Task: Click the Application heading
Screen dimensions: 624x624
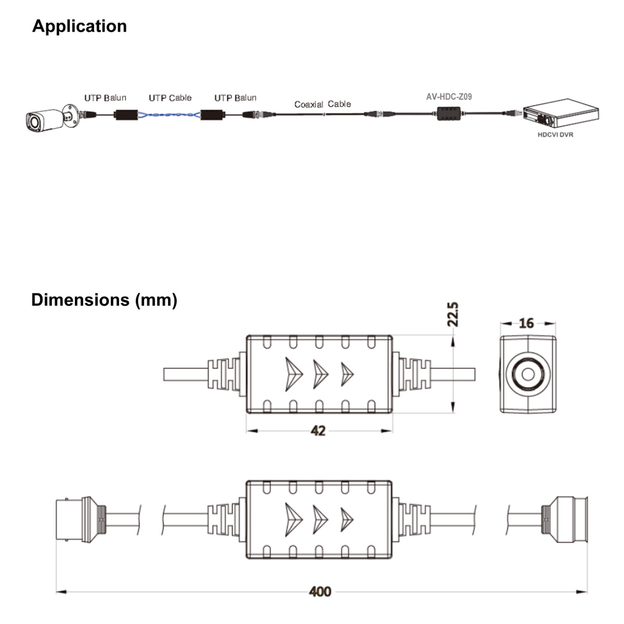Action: (x=80, y=26)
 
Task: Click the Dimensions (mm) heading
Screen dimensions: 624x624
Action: (x=104, y=300)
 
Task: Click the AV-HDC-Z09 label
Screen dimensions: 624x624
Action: (x=449, y=97)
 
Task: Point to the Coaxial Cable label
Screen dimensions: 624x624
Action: (x=322, y=104)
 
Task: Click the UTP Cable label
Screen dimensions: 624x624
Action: (x=170, y=98)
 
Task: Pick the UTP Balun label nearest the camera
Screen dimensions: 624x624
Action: (x=105, y=98)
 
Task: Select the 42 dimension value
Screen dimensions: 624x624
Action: (x=318, y=431)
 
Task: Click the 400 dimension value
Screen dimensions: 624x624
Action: (x=320, y=592)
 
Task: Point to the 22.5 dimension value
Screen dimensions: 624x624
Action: (x=453, y=314)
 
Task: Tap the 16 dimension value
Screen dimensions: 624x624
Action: (x=526, y=323)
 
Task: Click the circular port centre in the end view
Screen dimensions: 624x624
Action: (x=528, y=374)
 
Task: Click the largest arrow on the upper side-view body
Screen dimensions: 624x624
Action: (x=293, y=374)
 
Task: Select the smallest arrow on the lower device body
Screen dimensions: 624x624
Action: (x=347, y=519)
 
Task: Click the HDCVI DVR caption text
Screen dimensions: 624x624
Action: (x=555, y=135)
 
